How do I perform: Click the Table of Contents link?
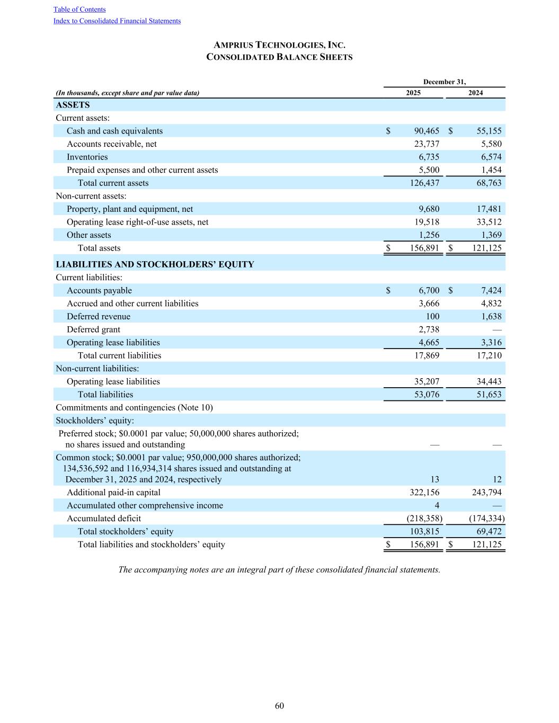[x=79, y=10]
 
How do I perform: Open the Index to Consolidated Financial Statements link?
[x=117, y=21]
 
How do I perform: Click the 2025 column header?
[x=413, y=93]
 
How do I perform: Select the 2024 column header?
[x=475, y=93]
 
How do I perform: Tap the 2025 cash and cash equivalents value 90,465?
[x=425, y=131]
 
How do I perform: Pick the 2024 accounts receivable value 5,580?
[x=490, y=144]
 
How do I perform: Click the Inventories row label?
[x=87, y=157]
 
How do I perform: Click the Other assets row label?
[x=88, y=235]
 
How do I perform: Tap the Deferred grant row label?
[x=93, y=329]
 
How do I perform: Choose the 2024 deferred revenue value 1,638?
[x=490, y=317]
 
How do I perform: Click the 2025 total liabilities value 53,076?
[x=425, y=395]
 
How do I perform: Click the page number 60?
[x=279, y=706]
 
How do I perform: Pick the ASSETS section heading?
[x=73, y=105]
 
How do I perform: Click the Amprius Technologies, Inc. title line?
[x=279, y=46]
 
